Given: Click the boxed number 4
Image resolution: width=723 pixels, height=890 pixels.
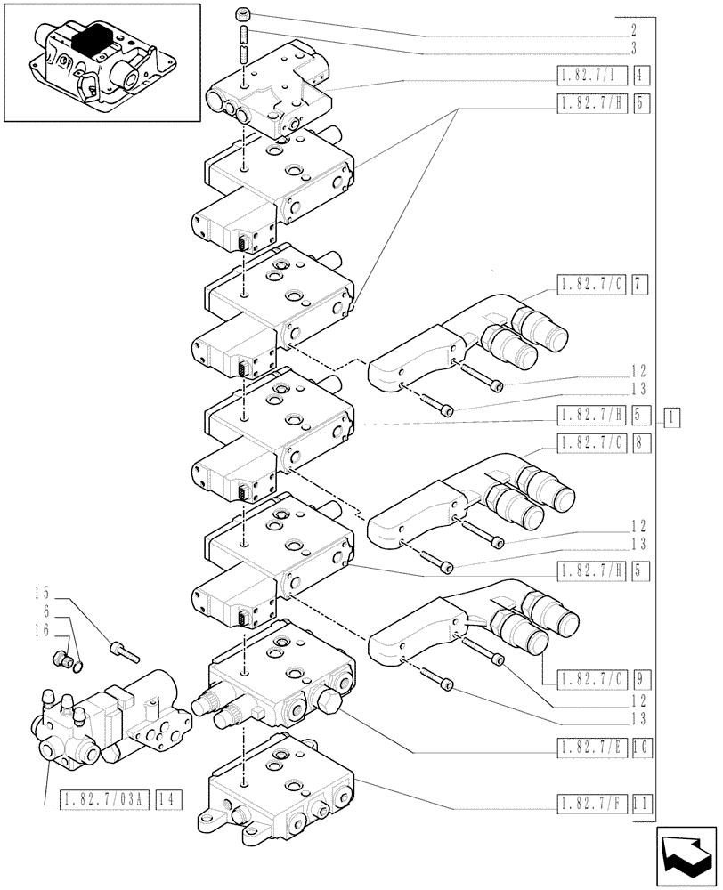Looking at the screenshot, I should pos(641,76).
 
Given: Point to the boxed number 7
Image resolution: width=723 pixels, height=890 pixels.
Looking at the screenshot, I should pos(641,285).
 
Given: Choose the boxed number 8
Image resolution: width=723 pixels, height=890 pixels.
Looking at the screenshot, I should pos(641,441).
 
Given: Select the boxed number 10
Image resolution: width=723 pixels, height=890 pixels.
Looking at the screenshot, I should pos(641,750).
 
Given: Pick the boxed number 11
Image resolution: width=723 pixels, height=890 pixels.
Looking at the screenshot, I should pos(641,807).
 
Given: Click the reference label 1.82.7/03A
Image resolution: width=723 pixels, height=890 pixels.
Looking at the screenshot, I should pos(96,800).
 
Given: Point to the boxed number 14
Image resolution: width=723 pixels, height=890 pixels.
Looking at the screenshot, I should pos(168,800).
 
